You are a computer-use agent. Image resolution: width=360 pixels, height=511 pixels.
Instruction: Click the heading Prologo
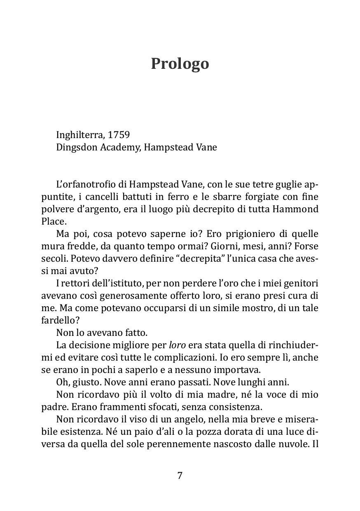click(x=180, y=64)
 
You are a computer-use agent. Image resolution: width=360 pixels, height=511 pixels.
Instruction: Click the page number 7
click(x=180, y=476)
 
